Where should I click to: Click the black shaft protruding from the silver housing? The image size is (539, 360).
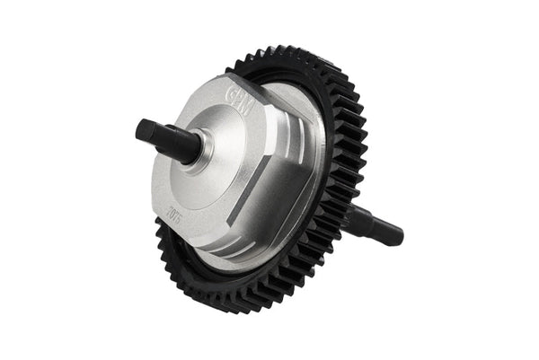click(166, 140)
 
